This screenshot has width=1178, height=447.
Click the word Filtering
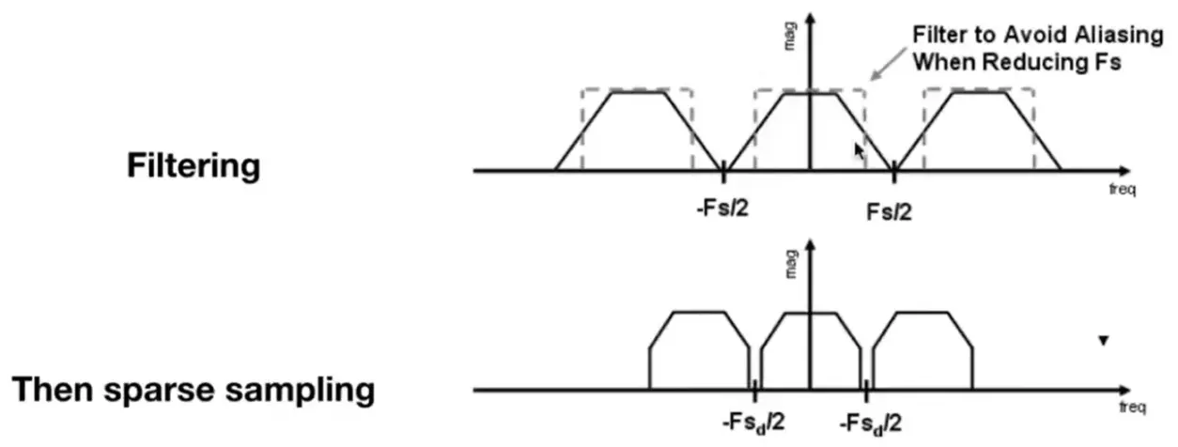(194, 167)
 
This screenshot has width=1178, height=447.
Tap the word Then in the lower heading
(53, 389)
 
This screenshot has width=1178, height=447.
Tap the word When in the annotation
(944, 62)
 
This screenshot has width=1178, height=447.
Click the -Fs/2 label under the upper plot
(722, 208)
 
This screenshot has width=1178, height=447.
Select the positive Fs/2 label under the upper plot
(889, 212)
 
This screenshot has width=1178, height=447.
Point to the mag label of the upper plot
(789, 37)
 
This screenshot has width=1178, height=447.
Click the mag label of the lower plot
(790, 264)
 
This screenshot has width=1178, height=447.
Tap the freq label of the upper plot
(1123, 189)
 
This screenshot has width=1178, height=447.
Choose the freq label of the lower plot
(1133, 407)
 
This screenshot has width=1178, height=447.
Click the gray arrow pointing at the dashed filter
(889, 64)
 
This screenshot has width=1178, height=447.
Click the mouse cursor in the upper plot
(859, 151)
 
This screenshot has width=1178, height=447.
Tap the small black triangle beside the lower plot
(1104, 341)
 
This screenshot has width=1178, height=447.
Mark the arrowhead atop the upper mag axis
(811, 19)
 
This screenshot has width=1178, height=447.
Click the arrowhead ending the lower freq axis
(1124, 391)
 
